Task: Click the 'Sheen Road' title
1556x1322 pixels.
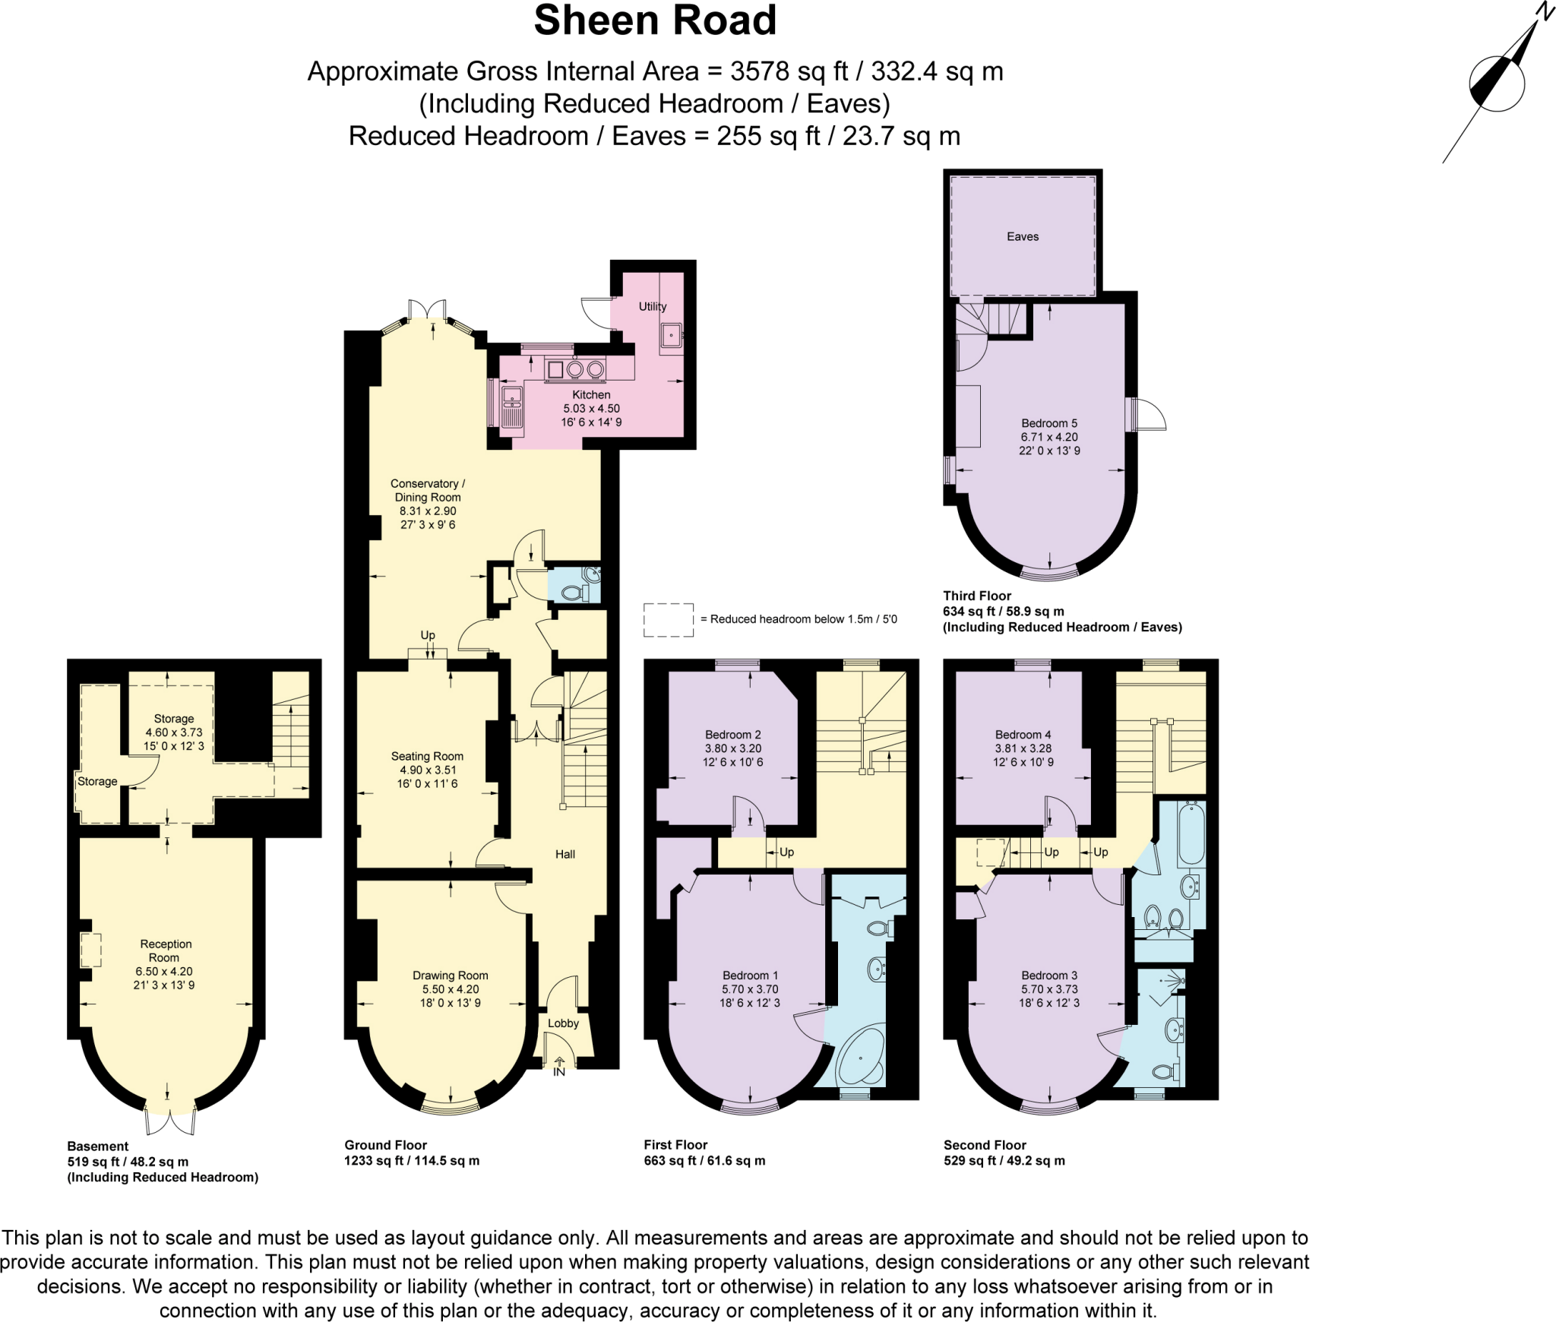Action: [x=655, y=21]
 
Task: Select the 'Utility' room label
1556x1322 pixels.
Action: [x=653, y=306]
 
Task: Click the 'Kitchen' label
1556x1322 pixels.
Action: [x=591, y=394]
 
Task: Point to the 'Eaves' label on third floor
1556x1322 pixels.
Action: [x=1023, y=236]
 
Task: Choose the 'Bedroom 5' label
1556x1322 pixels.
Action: [x=1049, y=423]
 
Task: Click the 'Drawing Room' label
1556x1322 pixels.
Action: [x=451, y=976]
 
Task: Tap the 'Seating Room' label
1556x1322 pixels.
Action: [x=427, y=756]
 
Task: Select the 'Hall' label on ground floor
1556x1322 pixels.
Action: [x=565, y=854]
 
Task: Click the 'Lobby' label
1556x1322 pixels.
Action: [x=564, y=1023]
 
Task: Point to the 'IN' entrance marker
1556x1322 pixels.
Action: [x=559, y=1072]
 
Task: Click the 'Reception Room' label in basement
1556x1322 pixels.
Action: [x=166, y=950]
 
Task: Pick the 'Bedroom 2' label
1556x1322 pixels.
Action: [x=733, y=735]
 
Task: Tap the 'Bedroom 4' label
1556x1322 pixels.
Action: [x=1023, y=735]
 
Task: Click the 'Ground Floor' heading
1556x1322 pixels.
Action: [x=386, y=1145]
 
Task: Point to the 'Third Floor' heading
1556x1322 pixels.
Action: [x=977, y=596]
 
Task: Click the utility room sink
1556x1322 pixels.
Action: [x=672, y=335]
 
